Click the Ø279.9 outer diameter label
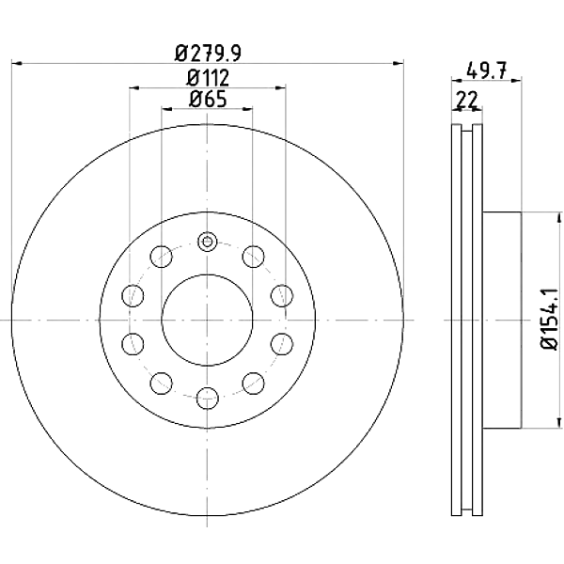tap(208, 54)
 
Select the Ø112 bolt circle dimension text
tap(208, 77)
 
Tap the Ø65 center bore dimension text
tap(208, 99)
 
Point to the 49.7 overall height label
tap(486, 70)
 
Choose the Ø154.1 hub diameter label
tap(549, 320)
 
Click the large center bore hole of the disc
tap(207, 320)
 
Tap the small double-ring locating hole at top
tap(207, 242)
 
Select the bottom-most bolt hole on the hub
tap(208, 399)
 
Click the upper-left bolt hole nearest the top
tap(162, 257)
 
